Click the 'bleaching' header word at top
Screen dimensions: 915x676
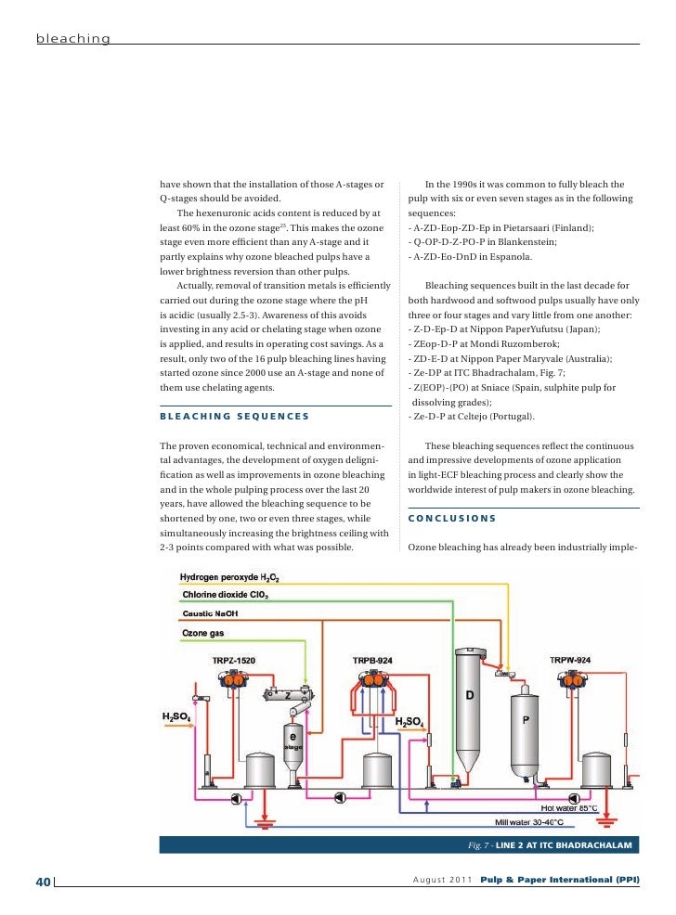[x=73, y=39]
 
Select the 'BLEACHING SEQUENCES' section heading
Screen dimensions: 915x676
[x=234, y=416]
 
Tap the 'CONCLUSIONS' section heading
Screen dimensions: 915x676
[x=452, y=518]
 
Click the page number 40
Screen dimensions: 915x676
[x=42, y=881]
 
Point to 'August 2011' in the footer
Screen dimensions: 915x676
[x=442, y=880]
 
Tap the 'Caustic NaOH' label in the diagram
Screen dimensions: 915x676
[x=211, y=613]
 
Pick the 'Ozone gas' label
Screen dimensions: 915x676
[x=201, y=633]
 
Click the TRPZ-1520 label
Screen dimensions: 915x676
[x=232, y=660]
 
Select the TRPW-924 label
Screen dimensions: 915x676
[x=569, y=660]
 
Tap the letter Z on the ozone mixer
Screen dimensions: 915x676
[x=288, y=694]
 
